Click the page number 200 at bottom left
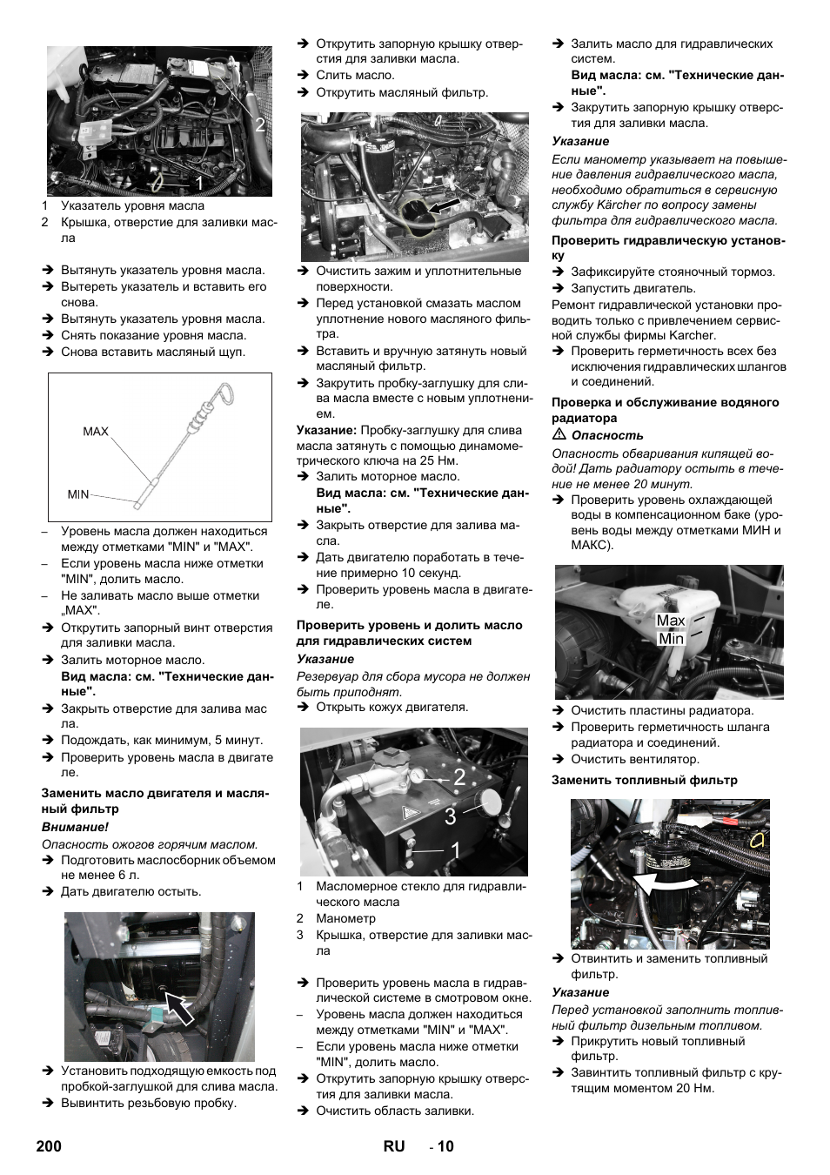(x=50, y=1146)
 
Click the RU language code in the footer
(x=393, y=1146)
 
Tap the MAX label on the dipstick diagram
(x=96, y=431)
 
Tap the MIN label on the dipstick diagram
(x=78, y=494)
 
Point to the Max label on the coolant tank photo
(x=671, y=621)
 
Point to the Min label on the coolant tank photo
(x=671, y=639)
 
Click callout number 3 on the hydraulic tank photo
(x=450, y=816)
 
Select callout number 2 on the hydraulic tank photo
(x=459, y=779)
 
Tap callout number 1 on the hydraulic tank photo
(x=456, y=851)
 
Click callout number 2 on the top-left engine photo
(x=259, y=125)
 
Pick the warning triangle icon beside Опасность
(x=559, y=435)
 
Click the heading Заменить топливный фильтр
(x=644, y=781)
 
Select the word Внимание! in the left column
(x=75, y=827)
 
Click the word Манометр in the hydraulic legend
(x=345, y=918)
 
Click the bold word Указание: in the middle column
(x=326, y=430)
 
